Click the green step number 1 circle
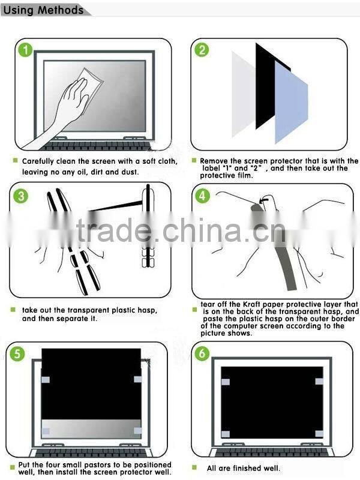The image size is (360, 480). (x=25, y=50)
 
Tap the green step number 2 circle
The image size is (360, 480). (x=202, y=50)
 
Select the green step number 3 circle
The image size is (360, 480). (x=21, y=196)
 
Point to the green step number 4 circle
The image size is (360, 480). (x=203, y=196)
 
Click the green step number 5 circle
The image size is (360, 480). (x=19, y=353)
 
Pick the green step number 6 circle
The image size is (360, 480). (x=202, y=353)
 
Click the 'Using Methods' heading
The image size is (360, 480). (x=44, y=10)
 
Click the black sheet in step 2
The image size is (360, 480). (x=265, y=84)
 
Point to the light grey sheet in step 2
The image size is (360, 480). (x=243, y=90)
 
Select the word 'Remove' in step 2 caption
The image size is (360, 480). (x=215, y=161)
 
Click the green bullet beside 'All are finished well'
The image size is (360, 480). (x=194, y=467)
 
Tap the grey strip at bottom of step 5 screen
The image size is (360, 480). (x=90, y=429)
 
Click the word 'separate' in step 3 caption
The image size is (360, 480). (x=78, y=319)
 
